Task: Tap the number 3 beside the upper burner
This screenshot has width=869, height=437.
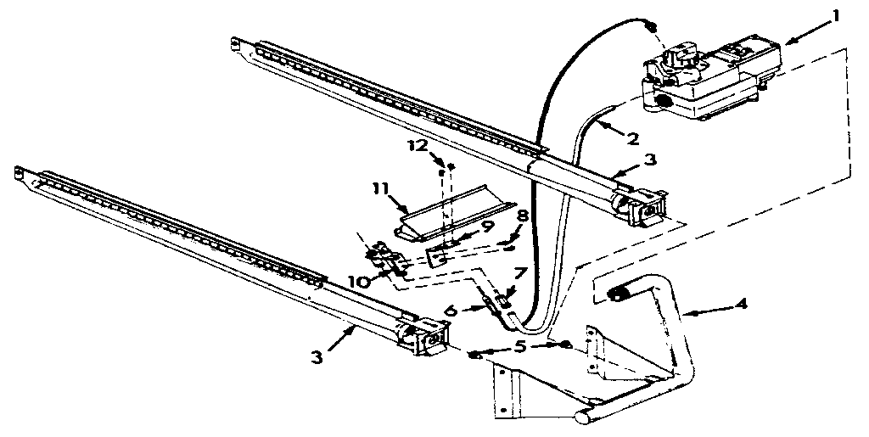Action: [x=649, y=160]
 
